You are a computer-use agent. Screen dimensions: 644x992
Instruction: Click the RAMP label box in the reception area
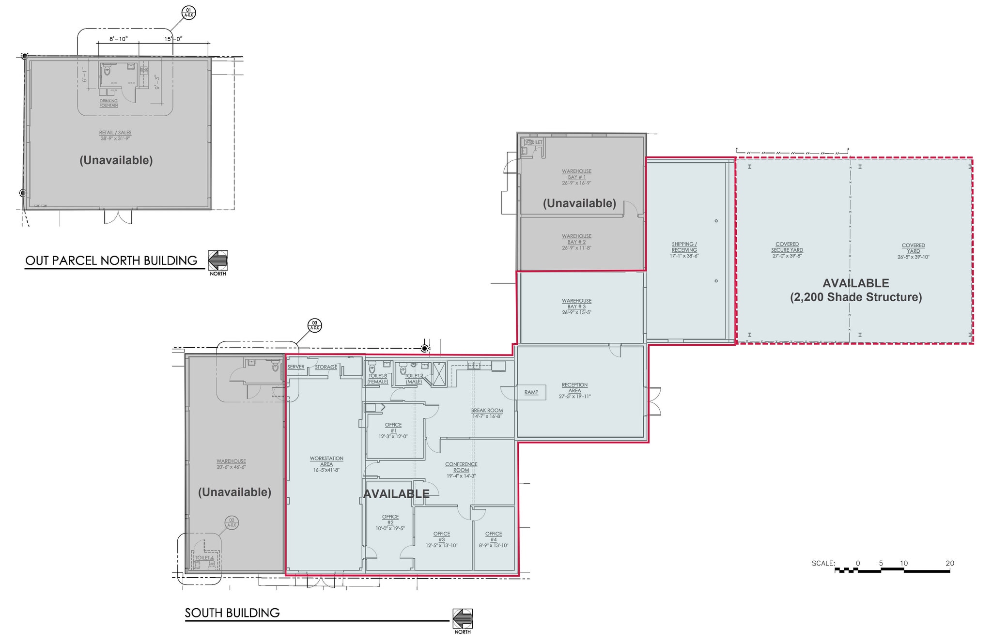point(531,392)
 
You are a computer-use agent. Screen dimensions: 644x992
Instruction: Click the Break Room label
point(487,413)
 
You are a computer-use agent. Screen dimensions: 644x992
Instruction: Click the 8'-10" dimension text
point(118,39)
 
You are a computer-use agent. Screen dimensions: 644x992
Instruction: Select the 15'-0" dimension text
point(173,39)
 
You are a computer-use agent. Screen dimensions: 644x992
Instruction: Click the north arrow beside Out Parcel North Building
point(218,261)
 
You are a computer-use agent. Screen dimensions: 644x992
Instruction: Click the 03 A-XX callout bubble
point(315,325)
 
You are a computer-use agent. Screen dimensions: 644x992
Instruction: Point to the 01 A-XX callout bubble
point(188,13)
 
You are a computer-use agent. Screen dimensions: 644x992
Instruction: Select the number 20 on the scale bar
point(949,563)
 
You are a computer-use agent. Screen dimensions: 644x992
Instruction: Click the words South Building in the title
point(232,613)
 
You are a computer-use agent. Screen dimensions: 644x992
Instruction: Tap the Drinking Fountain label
point(108,103)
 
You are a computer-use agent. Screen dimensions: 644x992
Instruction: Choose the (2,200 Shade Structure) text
point(856,297)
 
